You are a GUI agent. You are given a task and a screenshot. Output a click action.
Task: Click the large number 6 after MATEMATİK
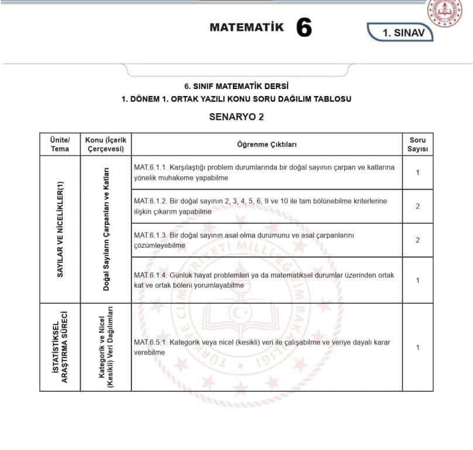[304, 28]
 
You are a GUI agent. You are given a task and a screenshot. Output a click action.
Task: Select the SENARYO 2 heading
[236, 117]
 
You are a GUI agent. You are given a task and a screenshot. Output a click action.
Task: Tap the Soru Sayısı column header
[417, 144]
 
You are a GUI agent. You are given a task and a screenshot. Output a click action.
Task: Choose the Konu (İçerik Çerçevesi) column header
[105, 144]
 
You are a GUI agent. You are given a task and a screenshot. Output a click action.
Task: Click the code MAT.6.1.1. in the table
[150, 167]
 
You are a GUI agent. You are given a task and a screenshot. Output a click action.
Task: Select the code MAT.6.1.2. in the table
[150, 201]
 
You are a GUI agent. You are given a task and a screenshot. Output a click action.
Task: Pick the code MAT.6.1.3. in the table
[150, 235]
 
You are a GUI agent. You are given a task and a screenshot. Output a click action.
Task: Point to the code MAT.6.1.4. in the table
[150, 275]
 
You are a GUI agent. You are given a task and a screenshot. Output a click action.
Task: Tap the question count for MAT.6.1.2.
[417, 206]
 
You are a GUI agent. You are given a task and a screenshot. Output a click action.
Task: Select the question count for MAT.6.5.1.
[417, 347]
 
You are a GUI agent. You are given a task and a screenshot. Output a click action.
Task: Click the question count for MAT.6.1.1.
[417, 172]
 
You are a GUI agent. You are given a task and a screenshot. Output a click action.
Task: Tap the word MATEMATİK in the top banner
[246, 27]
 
